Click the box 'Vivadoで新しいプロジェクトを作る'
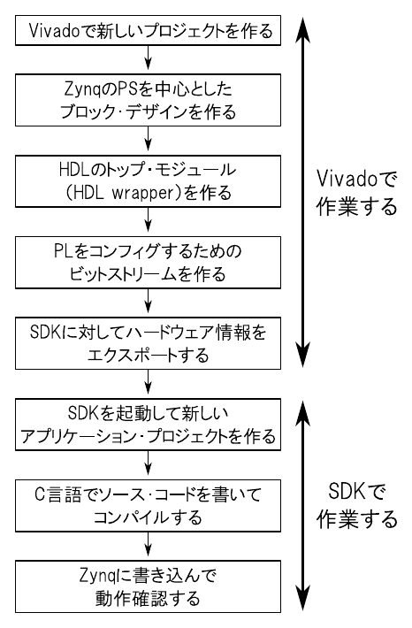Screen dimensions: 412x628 [x=148, y=30]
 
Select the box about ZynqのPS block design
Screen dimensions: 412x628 [x=148, y=100]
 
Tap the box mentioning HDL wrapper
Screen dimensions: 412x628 [x=148, y=181]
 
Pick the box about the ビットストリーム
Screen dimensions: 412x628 [x=148, y=263]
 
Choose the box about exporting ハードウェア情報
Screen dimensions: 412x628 [x=148, y=343]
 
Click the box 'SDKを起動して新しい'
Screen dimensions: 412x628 [x=148, y=425]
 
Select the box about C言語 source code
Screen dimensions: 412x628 [x=148, y=506]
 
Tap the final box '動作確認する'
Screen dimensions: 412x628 [x=148, y=586]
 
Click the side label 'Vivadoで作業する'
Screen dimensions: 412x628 [x=356, y=192]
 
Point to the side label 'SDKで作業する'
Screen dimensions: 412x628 [x=356, y=505]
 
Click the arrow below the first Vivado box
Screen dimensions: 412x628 [x=149, y=58]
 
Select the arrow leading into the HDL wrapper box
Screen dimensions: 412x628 [x=149, y=140]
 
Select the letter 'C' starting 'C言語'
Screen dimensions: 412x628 [x=39, y=494]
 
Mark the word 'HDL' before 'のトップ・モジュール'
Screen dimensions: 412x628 [x=73, y=170]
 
